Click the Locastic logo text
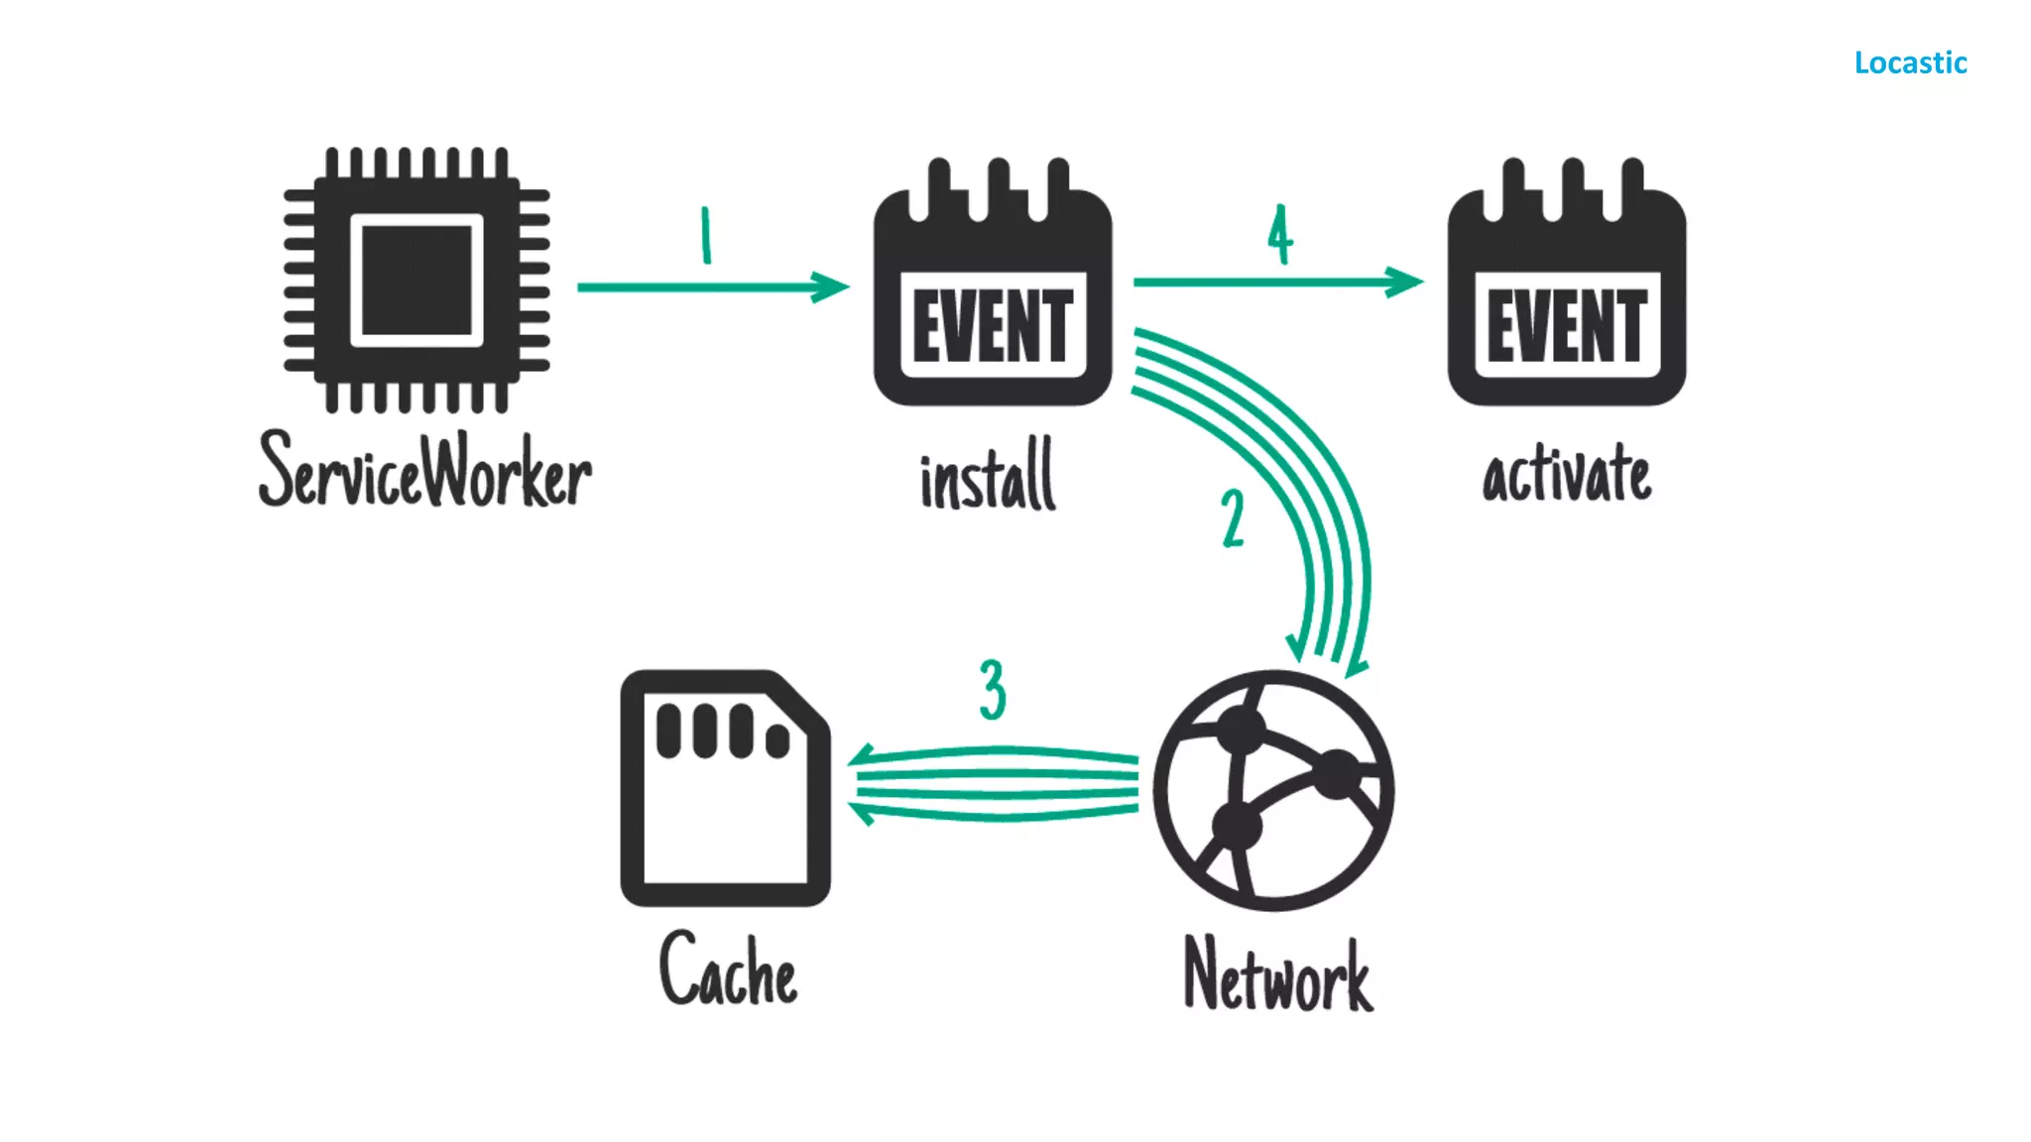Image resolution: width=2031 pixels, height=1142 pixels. click(1910, 63)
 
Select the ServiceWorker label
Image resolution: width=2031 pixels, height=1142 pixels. click(424, 472)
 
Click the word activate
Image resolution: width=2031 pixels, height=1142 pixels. click(1567, 474)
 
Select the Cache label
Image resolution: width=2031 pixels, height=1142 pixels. click(728, 970)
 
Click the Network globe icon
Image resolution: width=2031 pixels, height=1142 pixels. click(1273, 790)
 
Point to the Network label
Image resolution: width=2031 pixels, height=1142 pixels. click(1278, 975)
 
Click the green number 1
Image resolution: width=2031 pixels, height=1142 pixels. click(706, 235)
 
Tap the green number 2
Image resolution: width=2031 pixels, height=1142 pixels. click(1233, 518)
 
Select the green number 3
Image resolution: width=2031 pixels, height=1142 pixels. click(993, 690)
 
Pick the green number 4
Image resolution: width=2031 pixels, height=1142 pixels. click(1280, 235)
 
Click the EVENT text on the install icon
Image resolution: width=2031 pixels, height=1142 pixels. click(993, 325)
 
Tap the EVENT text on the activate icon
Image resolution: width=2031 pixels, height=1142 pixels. click(1567, 325)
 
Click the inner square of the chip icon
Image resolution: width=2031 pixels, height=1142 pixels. click(417, 281)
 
